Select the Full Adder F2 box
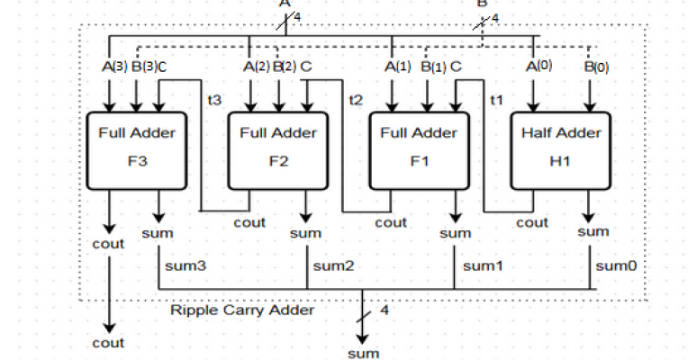pos(277,150)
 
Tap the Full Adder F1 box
pos(420,150)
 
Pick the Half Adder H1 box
pos(560,150)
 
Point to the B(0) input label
pos(595,67)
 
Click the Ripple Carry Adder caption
pos(241,310)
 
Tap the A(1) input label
pos(396,66)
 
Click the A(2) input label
pos(258,66)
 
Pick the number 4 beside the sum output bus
pos(385,310)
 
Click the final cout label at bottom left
pos(108,343)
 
